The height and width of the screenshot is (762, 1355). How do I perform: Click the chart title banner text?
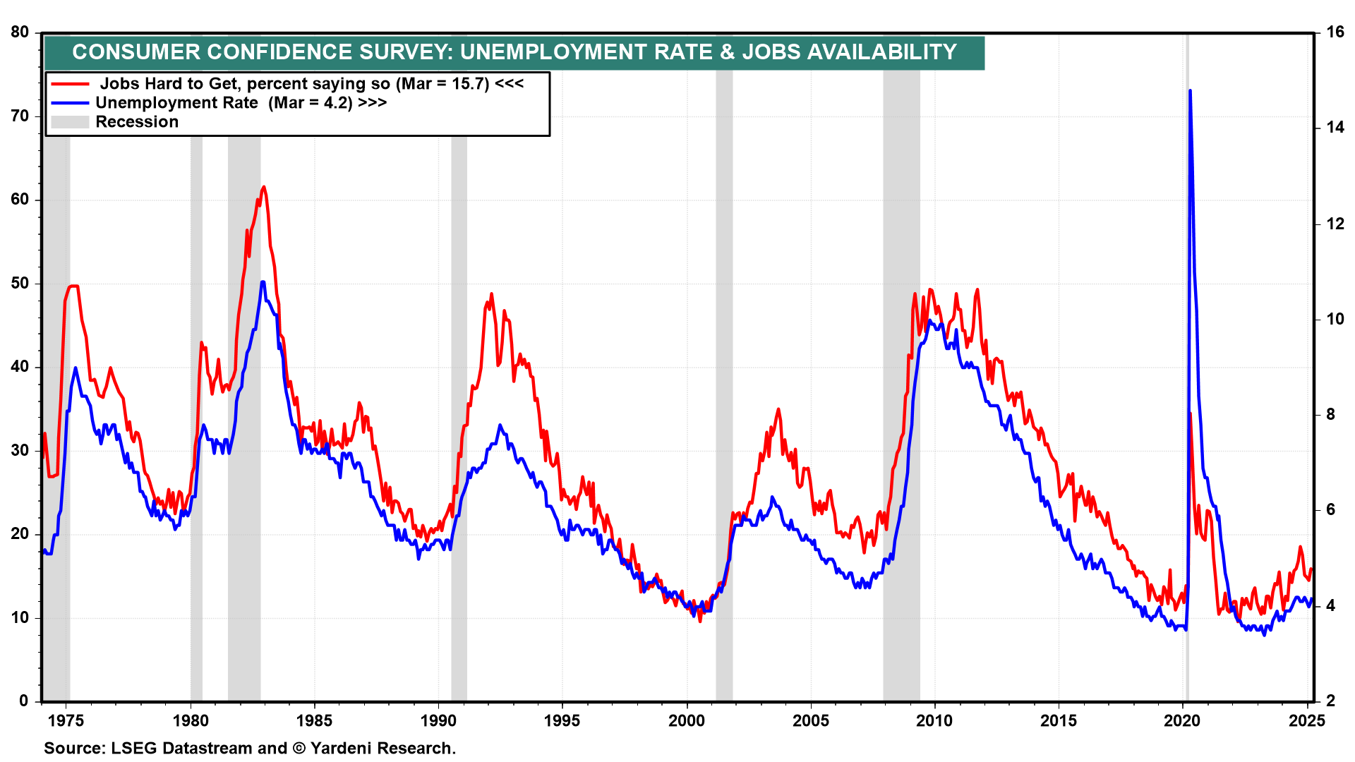tap(514, 52)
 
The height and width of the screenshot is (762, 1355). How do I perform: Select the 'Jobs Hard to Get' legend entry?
tap(311, 84)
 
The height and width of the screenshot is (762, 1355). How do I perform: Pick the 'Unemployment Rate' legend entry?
tap(241, 103)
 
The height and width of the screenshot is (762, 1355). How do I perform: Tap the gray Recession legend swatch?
tap(70, 122)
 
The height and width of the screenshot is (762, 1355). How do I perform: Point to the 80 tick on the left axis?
tap(20, 32)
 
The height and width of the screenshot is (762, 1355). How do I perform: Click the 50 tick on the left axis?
tap(20, 284)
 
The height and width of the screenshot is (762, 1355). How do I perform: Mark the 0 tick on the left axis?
tap(24, 701)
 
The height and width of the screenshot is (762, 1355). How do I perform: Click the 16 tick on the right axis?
tap(1335, 32)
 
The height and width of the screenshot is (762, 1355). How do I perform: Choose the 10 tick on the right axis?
tap(1335, 319)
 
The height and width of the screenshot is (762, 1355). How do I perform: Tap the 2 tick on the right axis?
tap(1330, 701)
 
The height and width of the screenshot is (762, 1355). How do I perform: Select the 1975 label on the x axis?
tap(66, 721)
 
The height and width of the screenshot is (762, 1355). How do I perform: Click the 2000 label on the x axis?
tap(686, 721)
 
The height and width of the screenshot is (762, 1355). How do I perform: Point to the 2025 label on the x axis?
tap(1306, 721)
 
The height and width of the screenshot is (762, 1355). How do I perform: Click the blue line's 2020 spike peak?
tap(1190, 91)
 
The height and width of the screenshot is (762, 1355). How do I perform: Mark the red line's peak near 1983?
tap(263, 187)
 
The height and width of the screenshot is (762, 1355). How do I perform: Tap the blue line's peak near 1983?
tap(263, 282)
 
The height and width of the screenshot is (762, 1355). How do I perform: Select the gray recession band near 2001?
tap(724, 353)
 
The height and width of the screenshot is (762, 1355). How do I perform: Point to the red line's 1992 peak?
tap(491, 294)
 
